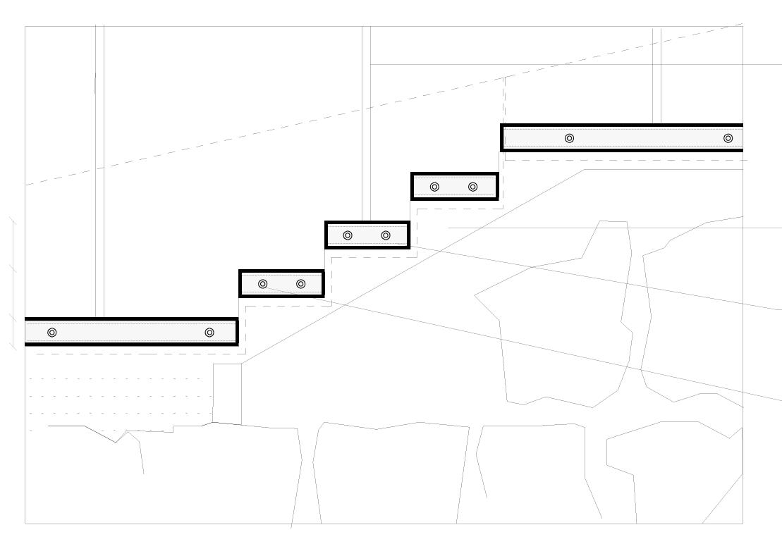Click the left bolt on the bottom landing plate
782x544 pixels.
pyautogui.click(x=52, y=333)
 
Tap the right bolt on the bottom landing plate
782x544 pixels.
pyautogui.click(x=209, y=333)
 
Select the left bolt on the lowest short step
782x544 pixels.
pyautogui.click(x=263, y=284)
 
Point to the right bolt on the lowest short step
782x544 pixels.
pyautogui.click(x=301, y=284)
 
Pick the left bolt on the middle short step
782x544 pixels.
pyautogui.click(x=348, y=235)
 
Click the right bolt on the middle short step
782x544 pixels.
pyautogui.click(x=386, y=235)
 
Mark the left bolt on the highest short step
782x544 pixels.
pyautogui.click(x=434, y=187)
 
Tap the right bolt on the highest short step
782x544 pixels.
pyautogui.click(x=473, y=187)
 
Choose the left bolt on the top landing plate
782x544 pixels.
pyautogui.click(x=570, y=138)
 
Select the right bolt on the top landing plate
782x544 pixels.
pyautogui.click(x=728, y=138)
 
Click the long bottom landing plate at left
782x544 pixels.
pyautogui.click(x=130, y=332)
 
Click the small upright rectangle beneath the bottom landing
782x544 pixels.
pyautogui.click(x=227, y=393)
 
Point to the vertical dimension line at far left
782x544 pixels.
pyautogui.click(x=13, y=282)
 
